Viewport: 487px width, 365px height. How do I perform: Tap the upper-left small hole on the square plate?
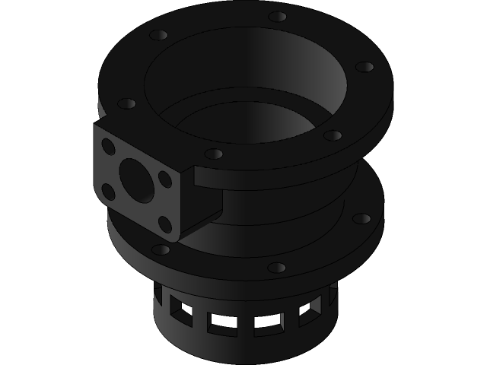[109, 148]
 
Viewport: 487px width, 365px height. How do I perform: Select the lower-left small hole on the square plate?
[109, 192]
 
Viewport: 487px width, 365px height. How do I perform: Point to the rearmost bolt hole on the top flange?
[278, 16]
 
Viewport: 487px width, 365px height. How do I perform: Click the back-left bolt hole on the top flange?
[158, 36]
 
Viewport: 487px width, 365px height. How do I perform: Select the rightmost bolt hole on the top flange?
[364, 67]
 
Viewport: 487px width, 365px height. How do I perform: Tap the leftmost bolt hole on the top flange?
[127, 103]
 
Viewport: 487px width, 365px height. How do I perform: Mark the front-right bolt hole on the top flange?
[333, 135]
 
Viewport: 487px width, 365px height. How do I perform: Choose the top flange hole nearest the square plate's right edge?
[215, 154]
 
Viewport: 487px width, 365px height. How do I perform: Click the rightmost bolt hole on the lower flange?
[362, 219]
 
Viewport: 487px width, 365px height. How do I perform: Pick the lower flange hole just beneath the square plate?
[161, 249]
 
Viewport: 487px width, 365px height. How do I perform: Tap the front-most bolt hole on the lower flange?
[277, 268]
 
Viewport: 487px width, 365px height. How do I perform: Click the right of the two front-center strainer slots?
[268, 323]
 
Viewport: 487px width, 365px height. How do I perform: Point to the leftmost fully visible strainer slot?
[181, 308]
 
